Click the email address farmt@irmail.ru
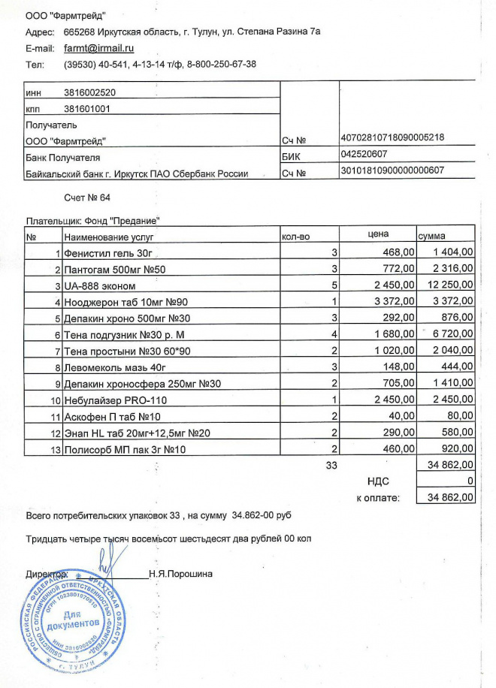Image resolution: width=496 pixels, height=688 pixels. tap(99, 48)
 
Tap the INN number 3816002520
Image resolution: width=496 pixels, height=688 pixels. tap(89, 92)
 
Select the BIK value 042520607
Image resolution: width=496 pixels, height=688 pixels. tap(364, 154)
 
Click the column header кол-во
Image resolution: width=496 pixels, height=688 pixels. tap(295, 237)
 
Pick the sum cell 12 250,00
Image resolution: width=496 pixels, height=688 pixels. tap(450, 285)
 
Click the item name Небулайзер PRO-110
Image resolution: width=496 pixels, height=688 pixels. tap(114, 400)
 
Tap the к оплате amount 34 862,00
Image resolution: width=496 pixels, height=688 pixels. tap(449, 497)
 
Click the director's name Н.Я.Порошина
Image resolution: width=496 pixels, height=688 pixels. tap(180, 575)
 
